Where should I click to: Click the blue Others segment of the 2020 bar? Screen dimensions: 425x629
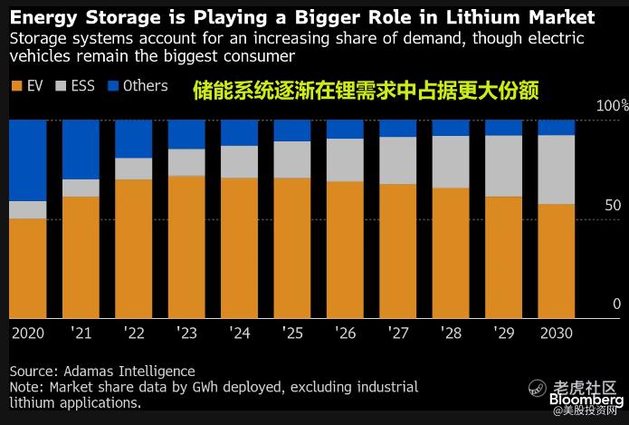[27, 159]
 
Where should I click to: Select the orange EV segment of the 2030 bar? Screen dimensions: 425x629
[556, 261]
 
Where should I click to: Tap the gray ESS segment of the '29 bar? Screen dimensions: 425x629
[503, 166]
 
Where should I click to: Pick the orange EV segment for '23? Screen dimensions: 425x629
[186, 246]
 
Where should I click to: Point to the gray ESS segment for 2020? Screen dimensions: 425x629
[27, 209]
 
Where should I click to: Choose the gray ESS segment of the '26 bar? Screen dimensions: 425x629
[345, 159]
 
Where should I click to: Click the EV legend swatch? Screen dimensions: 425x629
[17, 86]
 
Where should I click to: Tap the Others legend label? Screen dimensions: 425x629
[145, 86]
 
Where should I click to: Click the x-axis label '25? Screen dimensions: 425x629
[292, 333]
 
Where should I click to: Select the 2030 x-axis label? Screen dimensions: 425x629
[555, 333]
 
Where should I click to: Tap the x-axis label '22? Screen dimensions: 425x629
[134, 333]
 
